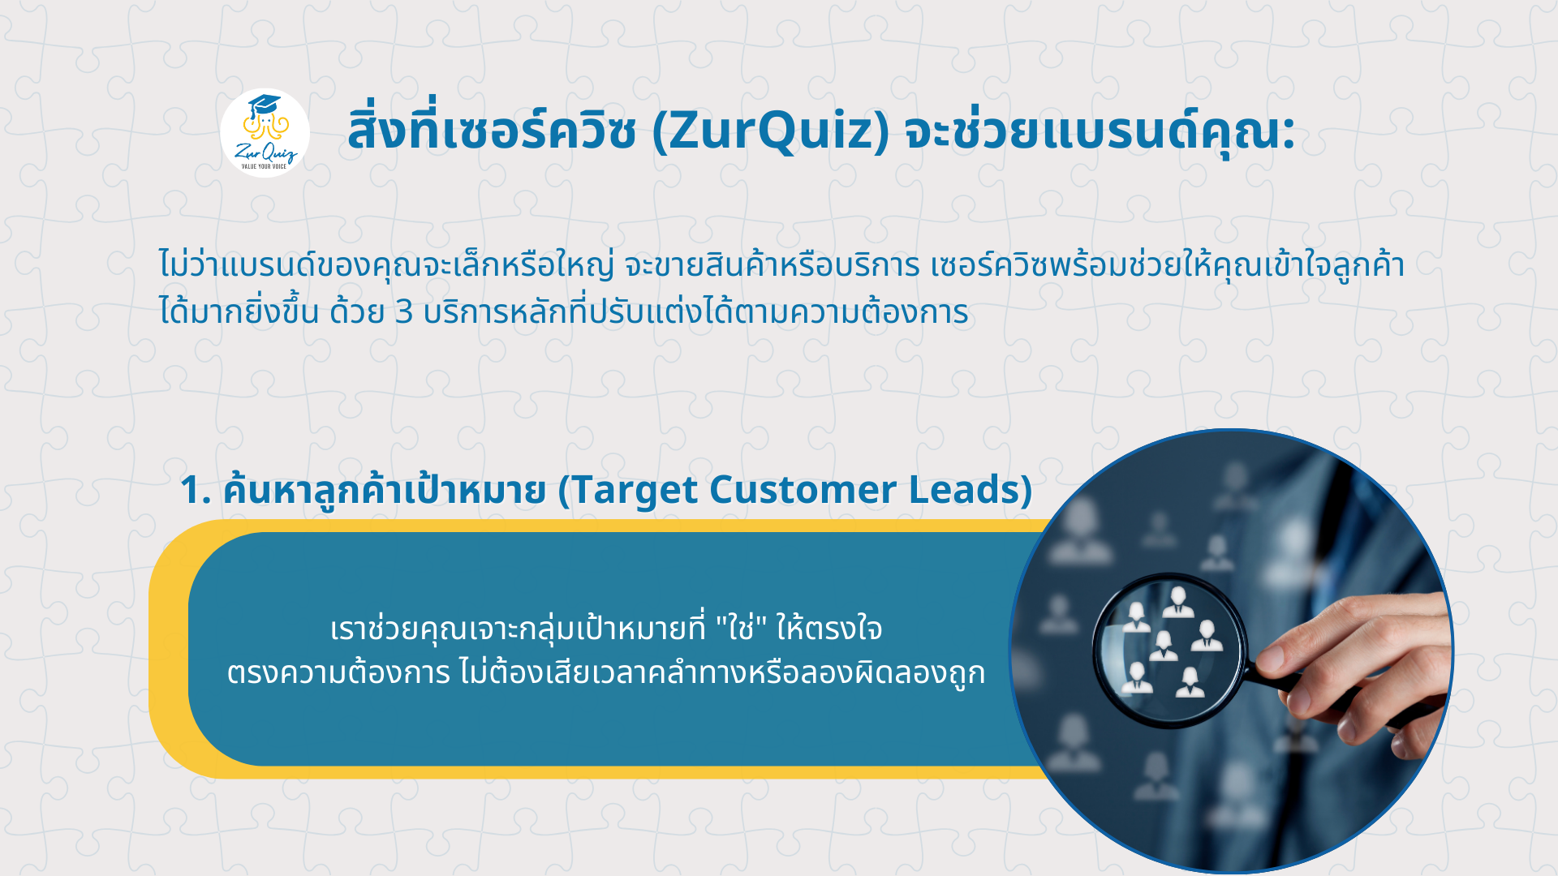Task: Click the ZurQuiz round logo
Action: pos(265,133)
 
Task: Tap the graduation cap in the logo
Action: pos(264,106)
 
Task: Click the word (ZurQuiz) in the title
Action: pos(771,131)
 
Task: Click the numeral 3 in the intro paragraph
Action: pos(403,312)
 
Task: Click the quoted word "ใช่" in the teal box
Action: pos(742,628)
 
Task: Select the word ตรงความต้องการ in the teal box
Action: pos(338,672)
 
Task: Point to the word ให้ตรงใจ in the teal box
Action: pos(829,628)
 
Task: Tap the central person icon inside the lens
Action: pos(1164,646)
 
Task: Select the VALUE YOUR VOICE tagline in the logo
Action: pos(264,166)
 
